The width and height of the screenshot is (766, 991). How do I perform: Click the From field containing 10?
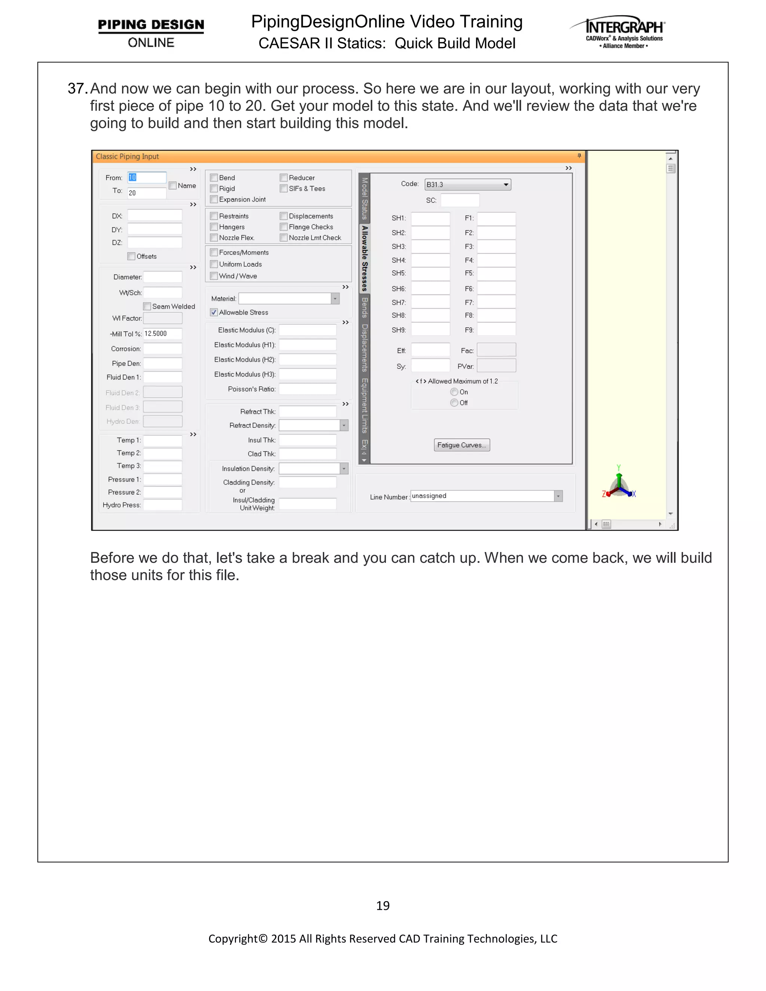[x=147, y=177]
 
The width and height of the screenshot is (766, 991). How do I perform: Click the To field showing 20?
[x=147, y=193]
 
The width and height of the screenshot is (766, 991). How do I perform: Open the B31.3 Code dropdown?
[x=468, y=184]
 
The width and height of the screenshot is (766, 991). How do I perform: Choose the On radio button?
[x=454, y=392]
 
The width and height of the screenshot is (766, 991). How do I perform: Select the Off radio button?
[x=454, y=403]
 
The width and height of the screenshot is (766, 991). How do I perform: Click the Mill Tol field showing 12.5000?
[x=162, y=334]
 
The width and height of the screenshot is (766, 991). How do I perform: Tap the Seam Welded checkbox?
[x=147, y=306]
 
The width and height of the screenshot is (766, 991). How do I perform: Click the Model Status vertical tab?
[x=364, y=198]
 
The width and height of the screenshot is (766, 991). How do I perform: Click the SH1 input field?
[x=430, y=218]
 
